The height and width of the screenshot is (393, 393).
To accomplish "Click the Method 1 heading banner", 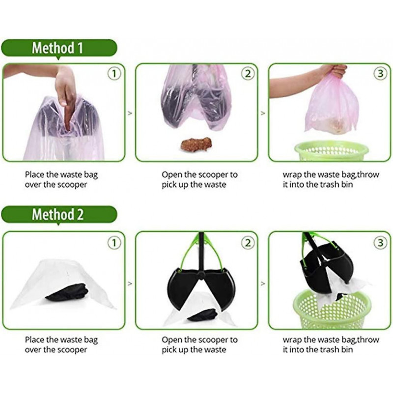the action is pos(59,48).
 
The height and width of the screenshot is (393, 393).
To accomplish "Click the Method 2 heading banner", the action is pos(59,214).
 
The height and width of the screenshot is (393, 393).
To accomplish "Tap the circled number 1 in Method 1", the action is pos(114,74).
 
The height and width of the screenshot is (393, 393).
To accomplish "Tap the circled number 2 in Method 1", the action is pos(248,74).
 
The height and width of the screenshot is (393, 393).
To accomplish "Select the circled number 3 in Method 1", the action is pos(380,74).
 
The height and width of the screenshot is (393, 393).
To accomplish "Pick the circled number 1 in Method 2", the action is pos(114,243).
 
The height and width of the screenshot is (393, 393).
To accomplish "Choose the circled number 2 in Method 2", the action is pos(248,243).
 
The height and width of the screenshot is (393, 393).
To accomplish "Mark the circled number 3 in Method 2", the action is pos(380,243).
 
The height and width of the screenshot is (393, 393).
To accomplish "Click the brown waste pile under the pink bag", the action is pos(196,145).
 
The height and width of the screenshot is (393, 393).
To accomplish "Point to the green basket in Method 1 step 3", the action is pos(331,151).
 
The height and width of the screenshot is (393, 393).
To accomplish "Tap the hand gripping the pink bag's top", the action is pos(336,71).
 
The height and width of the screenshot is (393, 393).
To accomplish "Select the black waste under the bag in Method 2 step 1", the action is pos(67,292).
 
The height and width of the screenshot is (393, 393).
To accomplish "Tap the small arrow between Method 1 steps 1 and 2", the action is pos(130,113).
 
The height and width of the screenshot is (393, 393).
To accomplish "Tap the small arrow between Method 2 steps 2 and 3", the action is pos(263,284).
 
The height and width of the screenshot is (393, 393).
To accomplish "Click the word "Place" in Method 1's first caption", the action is pos(35,174).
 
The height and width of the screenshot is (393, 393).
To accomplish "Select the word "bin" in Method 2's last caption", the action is pos(347,350).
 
